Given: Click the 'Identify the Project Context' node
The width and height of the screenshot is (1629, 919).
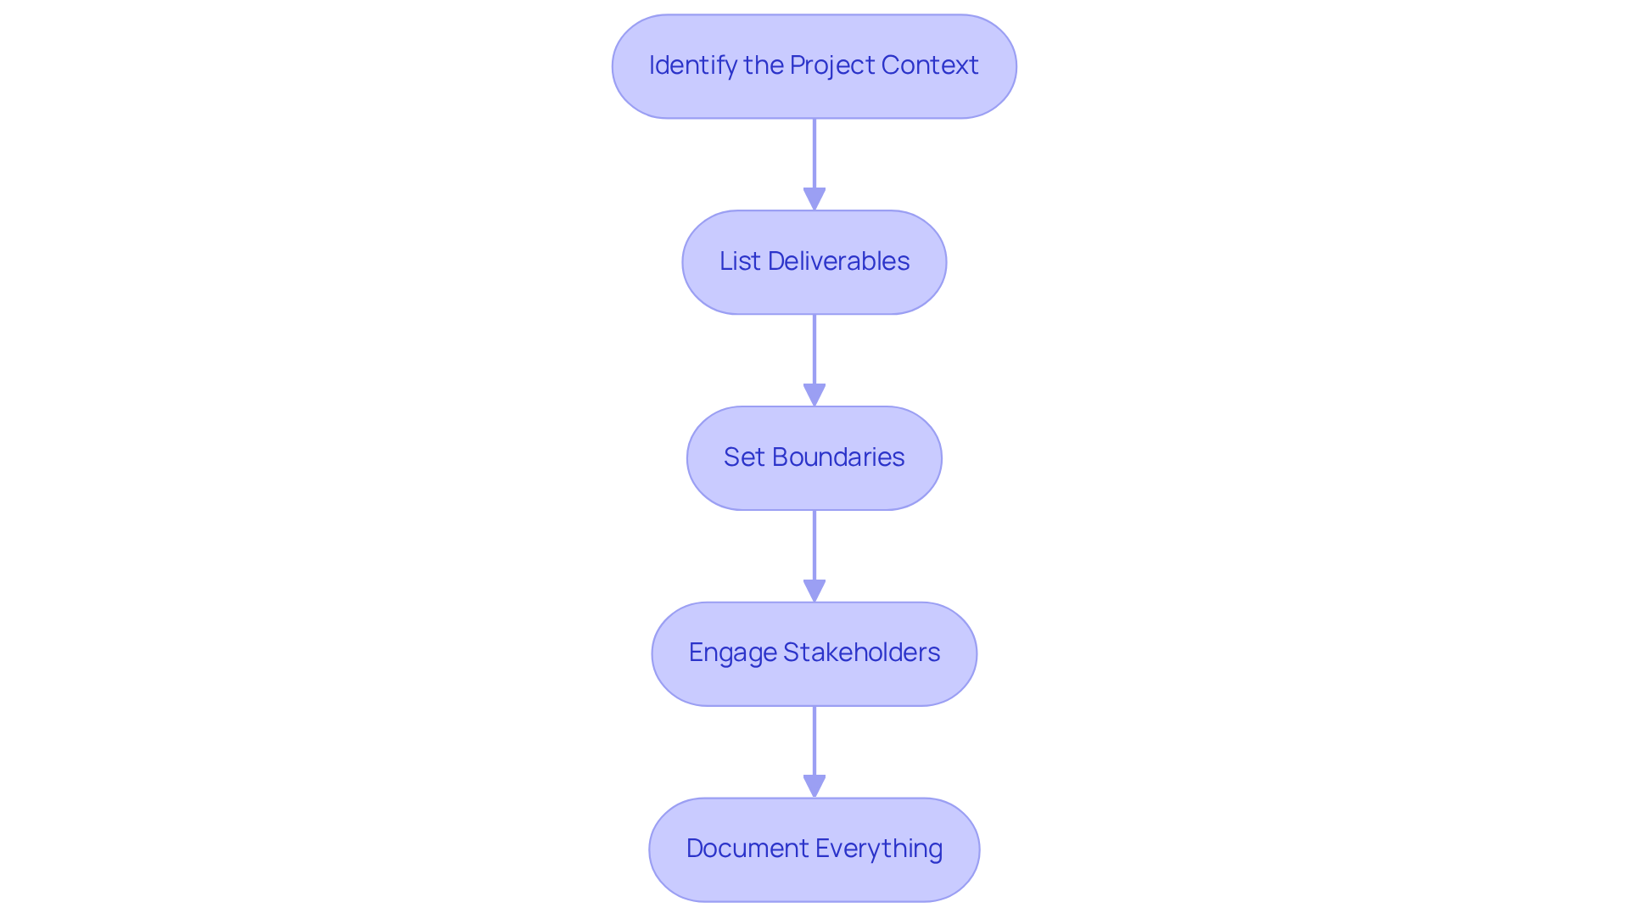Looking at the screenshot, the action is click(x=814, y=66).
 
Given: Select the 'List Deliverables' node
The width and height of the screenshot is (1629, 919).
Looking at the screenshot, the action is click(x=814, y=262).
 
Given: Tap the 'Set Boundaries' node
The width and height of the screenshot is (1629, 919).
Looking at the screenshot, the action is click(x=814, y=458).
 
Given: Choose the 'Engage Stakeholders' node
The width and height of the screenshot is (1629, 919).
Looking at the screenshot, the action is click(x=814, y=654).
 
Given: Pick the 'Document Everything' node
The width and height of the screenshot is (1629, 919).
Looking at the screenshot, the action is click(x=814, y=849).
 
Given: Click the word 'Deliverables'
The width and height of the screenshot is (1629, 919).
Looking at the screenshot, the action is click(x=838, y=261).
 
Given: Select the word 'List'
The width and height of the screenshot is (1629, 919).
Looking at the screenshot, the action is click(x=740, y=261).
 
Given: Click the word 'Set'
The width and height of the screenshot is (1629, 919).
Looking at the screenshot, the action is click(x=744, y=457).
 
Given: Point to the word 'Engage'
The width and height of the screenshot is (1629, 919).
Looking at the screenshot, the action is click(x=732, y=653).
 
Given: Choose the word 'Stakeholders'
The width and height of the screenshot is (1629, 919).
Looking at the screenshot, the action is click(x=861, y=652).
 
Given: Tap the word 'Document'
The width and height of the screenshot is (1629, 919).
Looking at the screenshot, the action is click(x=747, y=848).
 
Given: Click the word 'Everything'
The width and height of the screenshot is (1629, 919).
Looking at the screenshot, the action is click(x=878, y=849).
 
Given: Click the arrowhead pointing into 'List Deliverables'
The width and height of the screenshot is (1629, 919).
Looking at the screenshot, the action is click(x=814, y=199).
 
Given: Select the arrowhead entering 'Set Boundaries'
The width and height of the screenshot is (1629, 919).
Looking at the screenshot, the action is click(x=814, y=395).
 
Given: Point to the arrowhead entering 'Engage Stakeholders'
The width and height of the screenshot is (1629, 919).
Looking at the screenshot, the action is click(x=814, y=591).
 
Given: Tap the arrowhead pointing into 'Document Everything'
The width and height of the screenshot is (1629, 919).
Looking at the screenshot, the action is click(x=814, y=787).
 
